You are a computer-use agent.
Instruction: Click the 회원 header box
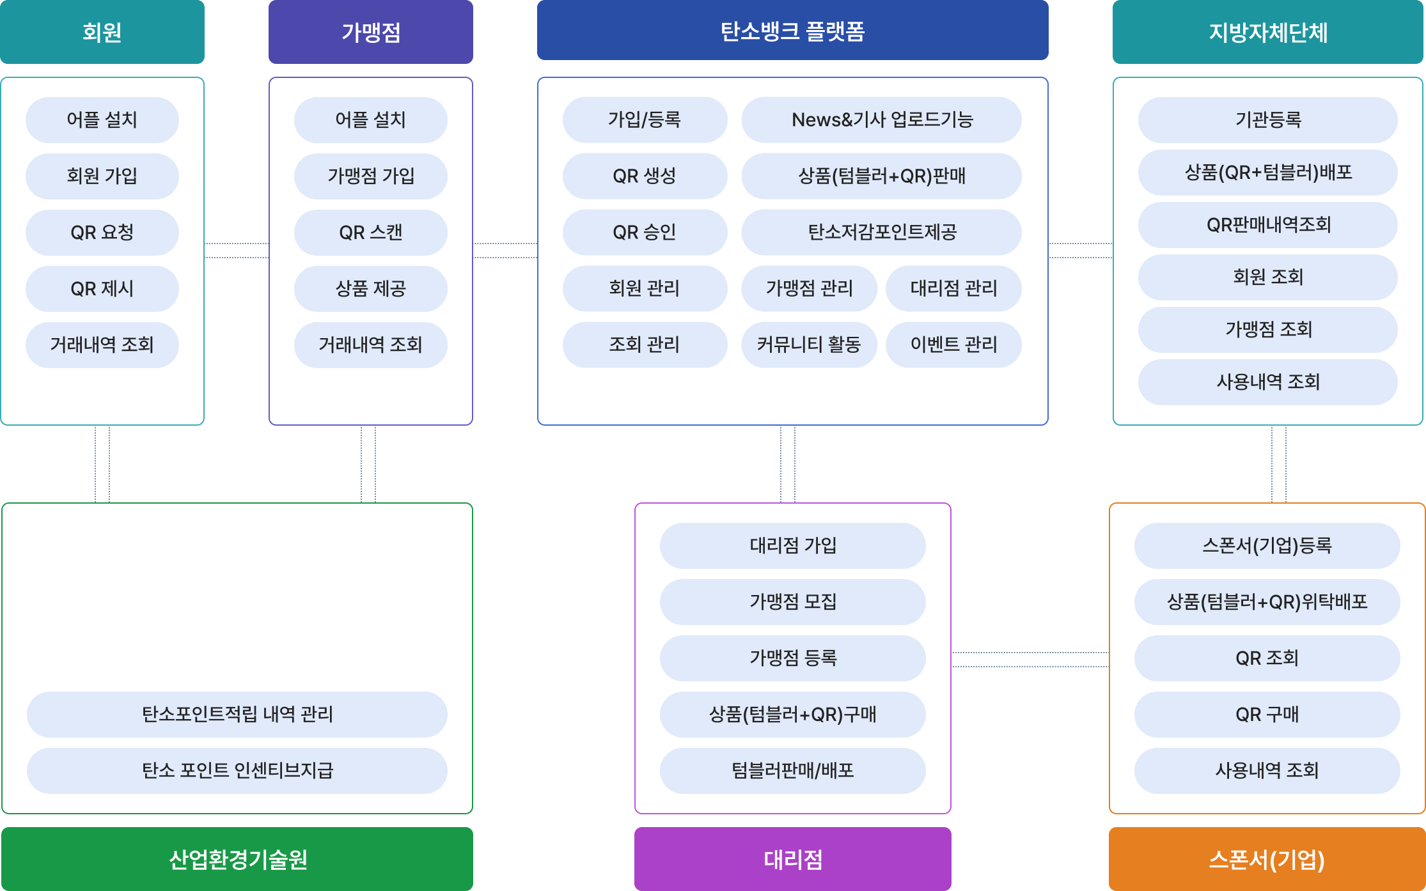[102, 32]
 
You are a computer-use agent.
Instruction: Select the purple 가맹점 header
[371, 32]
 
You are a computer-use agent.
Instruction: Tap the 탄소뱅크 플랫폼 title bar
[792, 31]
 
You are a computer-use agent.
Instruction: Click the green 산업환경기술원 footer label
[237, 858]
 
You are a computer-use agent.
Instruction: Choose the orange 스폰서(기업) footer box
[1267, 858]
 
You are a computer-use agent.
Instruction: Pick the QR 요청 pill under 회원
[102, 233]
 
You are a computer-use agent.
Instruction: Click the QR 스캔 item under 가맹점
[371, 233]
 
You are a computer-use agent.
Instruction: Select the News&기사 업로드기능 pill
[881, 120]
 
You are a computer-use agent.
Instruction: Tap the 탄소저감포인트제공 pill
[881, 232]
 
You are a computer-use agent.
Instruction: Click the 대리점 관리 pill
[953, 288]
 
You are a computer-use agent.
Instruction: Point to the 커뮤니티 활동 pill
[809, 345]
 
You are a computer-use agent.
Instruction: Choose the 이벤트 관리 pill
[953, 345]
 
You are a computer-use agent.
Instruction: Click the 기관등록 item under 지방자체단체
[1267, 120]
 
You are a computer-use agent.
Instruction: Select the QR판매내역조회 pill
[1267, 225]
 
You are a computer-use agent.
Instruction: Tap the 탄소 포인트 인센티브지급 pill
[237, 770]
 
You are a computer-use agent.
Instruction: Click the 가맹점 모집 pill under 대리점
[792, 601]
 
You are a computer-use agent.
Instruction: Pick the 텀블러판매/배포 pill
[792, 770]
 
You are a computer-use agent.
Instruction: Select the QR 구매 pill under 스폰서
[1267, 714]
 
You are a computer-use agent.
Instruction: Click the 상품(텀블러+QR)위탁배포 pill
[1267, 601]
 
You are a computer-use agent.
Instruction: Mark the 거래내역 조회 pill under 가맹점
[371, 345]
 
